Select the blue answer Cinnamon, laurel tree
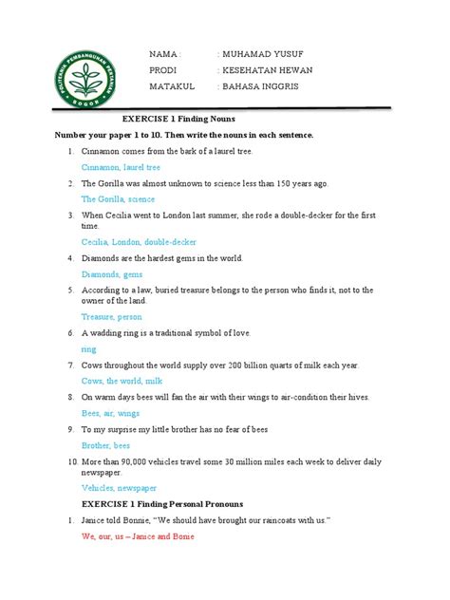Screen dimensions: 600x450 click(121, 167)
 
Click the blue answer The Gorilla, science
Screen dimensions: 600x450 click(118, 199)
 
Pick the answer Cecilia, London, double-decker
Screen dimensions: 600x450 click(139, 242)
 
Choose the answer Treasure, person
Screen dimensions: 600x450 click(111, 316)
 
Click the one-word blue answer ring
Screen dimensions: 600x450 click(88, 348)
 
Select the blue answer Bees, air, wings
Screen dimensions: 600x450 click(110, 413)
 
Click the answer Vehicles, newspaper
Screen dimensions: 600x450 click(119, 487)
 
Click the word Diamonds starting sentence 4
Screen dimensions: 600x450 click(103, 258)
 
